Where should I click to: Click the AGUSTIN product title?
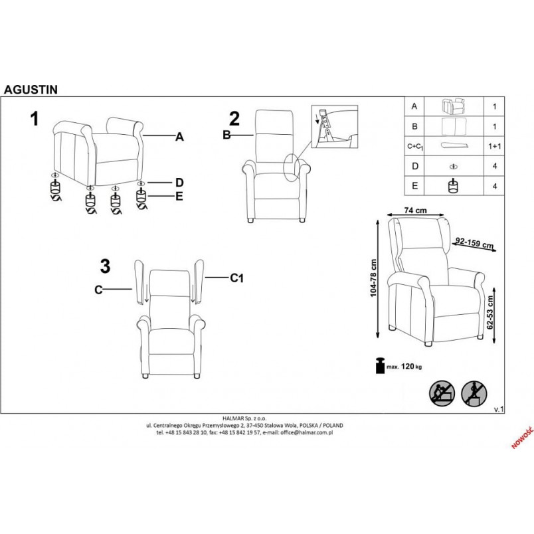(x=31, y=90)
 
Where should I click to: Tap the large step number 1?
(x=35, y=120)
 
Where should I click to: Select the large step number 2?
(x=234, y=119)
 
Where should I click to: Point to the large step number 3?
(x=105, y=266)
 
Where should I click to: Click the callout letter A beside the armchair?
(x=179, y=137)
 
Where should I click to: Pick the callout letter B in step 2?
(x=226, y=135)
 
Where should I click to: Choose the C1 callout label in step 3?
(x=236, y=278)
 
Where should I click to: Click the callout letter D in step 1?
(x=179, y=183)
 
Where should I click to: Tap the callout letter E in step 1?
(x=179, y=197)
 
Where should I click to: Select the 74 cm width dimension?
(x=416, y=211)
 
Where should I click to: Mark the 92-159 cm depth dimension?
(x=475, y=243)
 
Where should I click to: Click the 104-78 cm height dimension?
(x=373, y=278)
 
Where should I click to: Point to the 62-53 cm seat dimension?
(x=490, y=312)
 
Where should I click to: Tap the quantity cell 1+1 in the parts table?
(x=495, y=146)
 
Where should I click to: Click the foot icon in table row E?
(x=453, y=186)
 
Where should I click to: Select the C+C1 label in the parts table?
(x=416, y=147)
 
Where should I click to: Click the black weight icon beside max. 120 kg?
(x=380, y=365)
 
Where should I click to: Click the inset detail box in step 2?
(x=335, y=127)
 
